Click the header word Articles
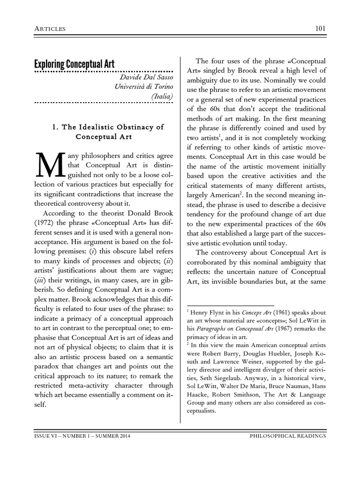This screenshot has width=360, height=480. pos(50,30)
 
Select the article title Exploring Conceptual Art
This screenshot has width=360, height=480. pos(74,64)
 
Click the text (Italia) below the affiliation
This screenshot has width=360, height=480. pos(162,96)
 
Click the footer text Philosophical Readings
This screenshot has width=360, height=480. pos(288,436)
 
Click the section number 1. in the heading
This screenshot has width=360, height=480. pos(53,127)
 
